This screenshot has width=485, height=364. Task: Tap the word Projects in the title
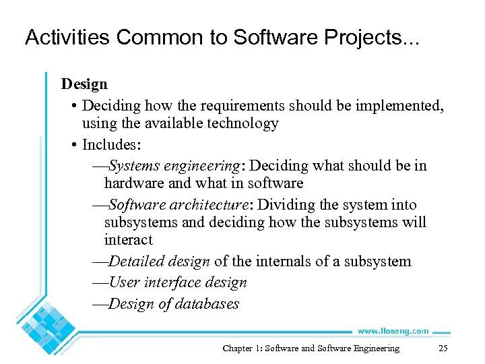click(371, 38)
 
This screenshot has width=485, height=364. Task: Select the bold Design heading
click(84, 84)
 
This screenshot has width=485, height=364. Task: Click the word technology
click(245, 123)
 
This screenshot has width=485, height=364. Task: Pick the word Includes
click(108, 144)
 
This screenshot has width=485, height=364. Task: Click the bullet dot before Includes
click(73, 145)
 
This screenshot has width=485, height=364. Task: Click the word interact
click(128, 240)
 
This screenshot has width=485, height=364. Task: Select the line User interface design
click(177, 282)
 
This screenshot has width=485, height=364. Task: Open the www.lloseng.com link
click(393, 331)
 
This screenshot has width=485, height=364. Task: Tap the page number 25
click(443, 348)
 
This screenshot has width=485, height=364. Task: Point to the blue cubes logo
click(47, 330)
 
